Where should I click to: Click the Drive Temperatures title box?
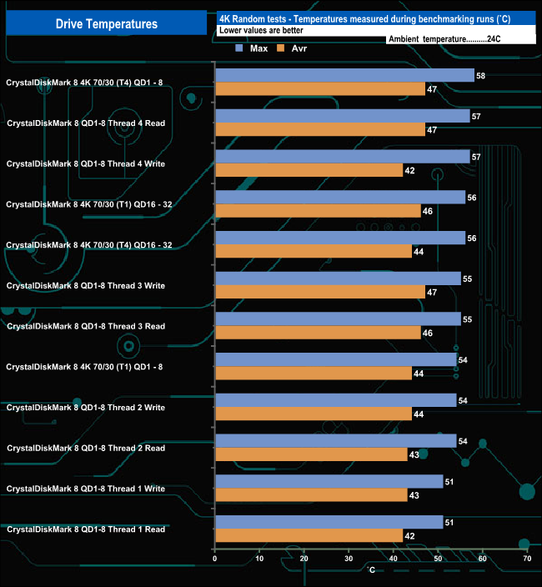point(106,23)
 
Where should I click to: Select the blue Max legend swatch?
point(240,48)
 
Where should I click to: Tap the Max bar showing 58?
point(344,76)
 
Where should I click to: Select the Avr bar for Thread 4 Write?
point(309,170)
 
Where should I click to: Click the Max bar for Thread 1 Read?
point(329,523)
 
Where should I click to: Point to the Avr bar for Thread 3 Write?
point(319,292)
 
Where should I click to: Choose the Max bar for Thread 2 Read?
point(335,441)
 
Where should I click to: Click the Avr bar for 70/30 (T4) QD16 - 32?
point(313,251)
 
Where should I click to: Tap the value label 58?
point(480,76)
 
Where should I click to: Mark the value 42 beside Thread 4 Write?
point(409,170)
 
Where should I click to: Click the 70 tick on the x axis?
point(526,559)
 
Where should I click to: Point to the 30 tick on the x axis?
point(349,559)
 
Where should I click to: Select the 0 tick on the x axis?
point(215,559)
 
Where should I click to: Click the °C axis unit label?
point(371,570)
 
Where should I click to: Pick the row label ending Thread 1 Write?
point(85,489)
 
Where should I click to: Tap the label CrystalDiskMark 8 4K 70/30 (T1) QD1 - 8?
point(85,367)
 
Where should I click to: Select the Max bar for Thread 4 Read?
point(342,117)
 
